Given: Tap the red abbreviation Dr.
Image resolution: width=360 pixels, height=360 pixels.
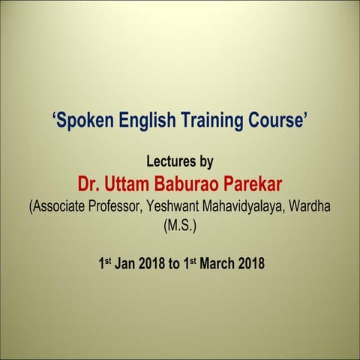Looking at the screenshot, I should pyautogui.click(x=89, y=182).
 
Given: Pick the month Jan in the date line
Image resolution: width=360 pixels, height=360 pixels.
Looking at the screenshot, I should pyautogui.click(x=127, y=263).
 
